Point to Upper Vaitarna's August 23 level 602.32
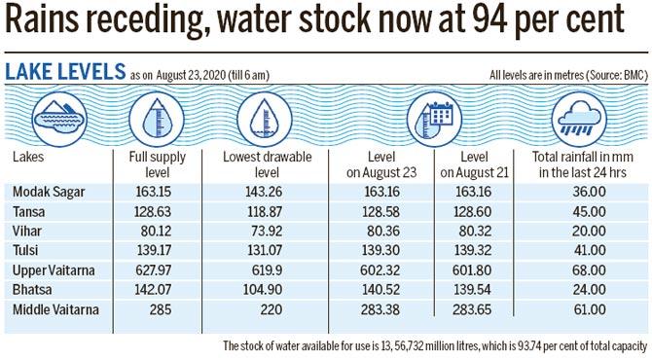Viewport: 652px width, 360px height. [376, 270]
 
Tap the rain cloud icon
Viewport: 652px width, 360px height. [580, 121]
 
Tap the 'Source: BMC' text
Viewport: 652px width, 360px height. [603, 75]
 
